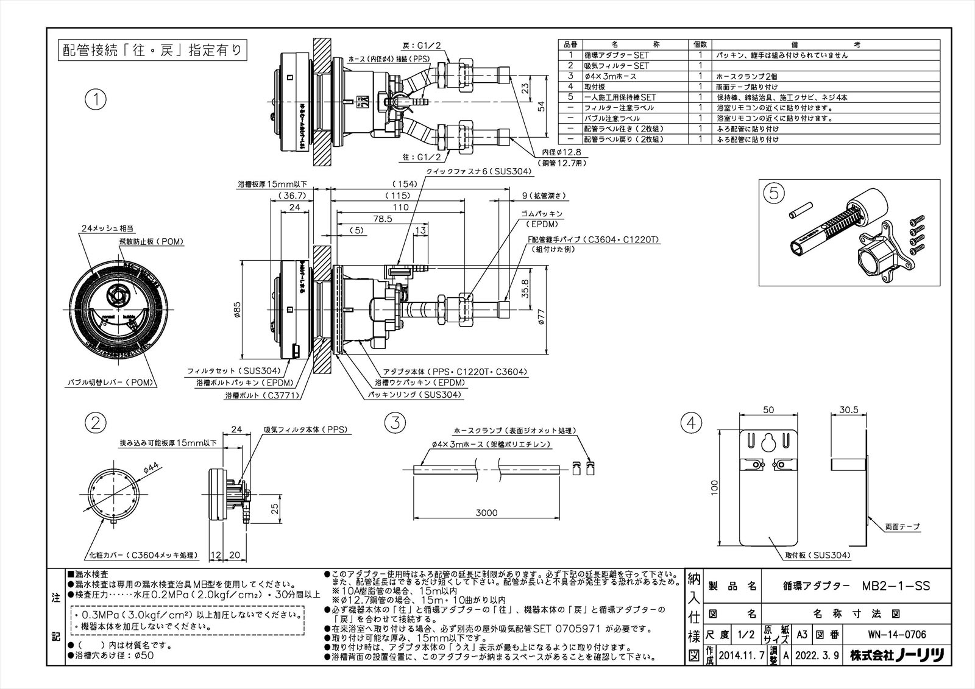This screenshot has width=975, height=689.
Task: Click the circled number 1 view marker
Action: point(96,99)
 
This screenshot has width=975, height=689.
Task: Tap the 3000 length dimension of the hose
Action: point(486,512)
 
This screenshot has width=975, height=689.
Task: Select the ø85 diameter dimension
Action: point(238,309)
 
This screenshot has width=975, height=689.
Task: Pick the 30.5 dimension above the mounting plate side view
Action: point(848,410)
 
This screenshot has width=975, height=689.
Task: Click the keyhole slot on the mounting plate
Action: point(768,441)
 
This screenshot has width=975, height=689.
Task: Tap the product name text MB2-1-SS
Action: point(896,586)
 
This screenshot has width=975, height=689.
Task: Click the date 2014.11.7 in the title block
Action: point(742,655)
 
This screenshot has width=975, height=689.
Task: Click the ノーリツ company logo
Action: point(918,655)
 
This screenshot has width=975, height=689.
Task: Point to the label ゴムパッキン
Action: point(542,214)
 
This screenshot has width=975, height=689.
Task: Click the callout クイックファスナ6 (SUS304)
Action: point(479,172)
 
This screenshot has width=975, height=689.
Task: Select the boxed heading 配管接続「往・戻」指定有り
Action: point(152,50)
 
